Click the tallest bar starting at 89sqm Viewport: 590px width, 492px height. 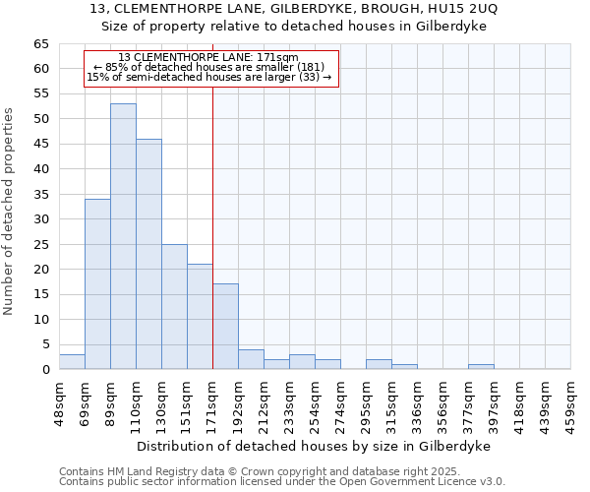(x=123, y=236)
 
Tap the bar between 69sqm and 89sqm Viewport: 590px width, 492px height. (x=97, y=283)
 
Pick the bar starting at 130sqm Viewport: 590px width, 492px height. (x=174, y=306)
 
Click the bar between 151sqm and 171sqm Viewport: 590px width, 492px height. (x=200, y=316)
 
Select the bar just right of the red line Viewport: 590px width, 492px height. (x=225, y=326)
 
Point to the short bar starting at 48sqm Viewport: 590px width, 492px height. (x=72, y=361)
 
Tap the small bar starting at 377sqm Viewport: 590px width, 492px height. (x=481, y=367)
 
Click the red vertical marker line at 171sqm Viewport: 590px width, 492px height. (x=212, y=226)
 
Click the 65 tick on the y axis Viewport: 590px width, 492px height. (x=40, y=44)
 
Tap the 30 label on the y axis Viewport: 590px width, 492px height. (x=40, y=219)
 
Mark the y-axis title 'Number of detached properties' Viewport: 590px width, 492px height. (x=9, y=212)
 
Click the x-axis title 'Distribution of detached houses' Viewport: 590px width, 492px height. (x=313, y=446)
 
